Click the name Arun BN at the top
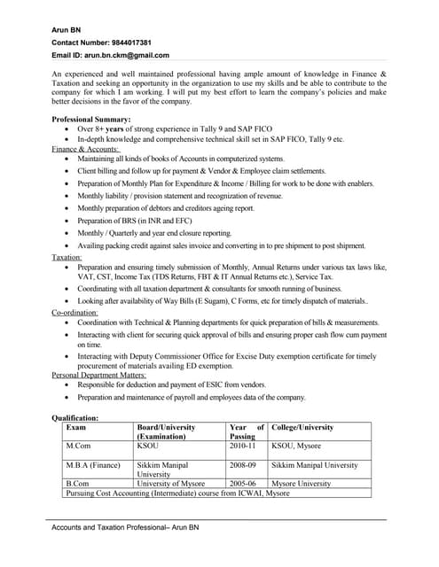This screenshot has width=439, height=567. point(67,29)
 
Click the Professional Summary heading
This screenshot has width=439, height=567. point(91,119)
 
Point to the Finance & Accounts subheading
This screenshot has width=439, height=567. point(85,149)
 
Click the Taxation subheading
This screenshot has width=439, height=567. point(67,257)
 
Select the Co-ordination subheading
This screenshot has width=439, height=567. point(75,313)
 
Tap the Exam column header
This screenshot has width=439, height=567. point(76,427)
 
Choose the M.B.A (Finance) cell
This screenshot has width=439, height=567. point(93,465)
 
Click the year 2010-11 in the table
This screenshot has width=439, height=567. point(243,447)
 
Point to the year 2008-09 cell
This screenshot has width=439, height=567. point(243,465)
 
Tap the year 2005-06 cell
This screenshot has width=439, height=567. point(243,484)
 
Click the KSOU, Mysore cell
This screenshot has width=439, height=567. point(301,447)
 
